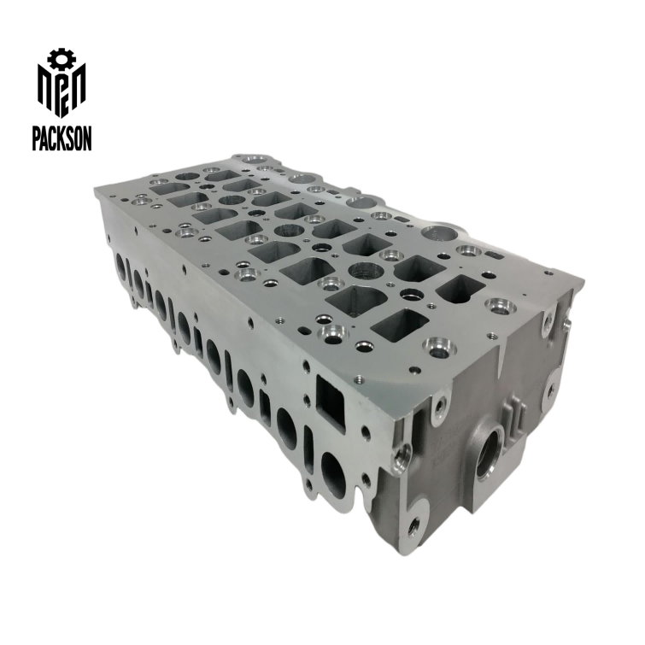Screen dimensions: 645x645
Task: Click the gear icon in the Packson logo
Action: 61,58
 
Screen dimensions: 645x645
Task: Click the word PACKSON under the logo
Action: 62,138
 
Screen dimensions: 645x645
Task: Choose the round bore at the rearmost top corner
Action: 254,160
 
